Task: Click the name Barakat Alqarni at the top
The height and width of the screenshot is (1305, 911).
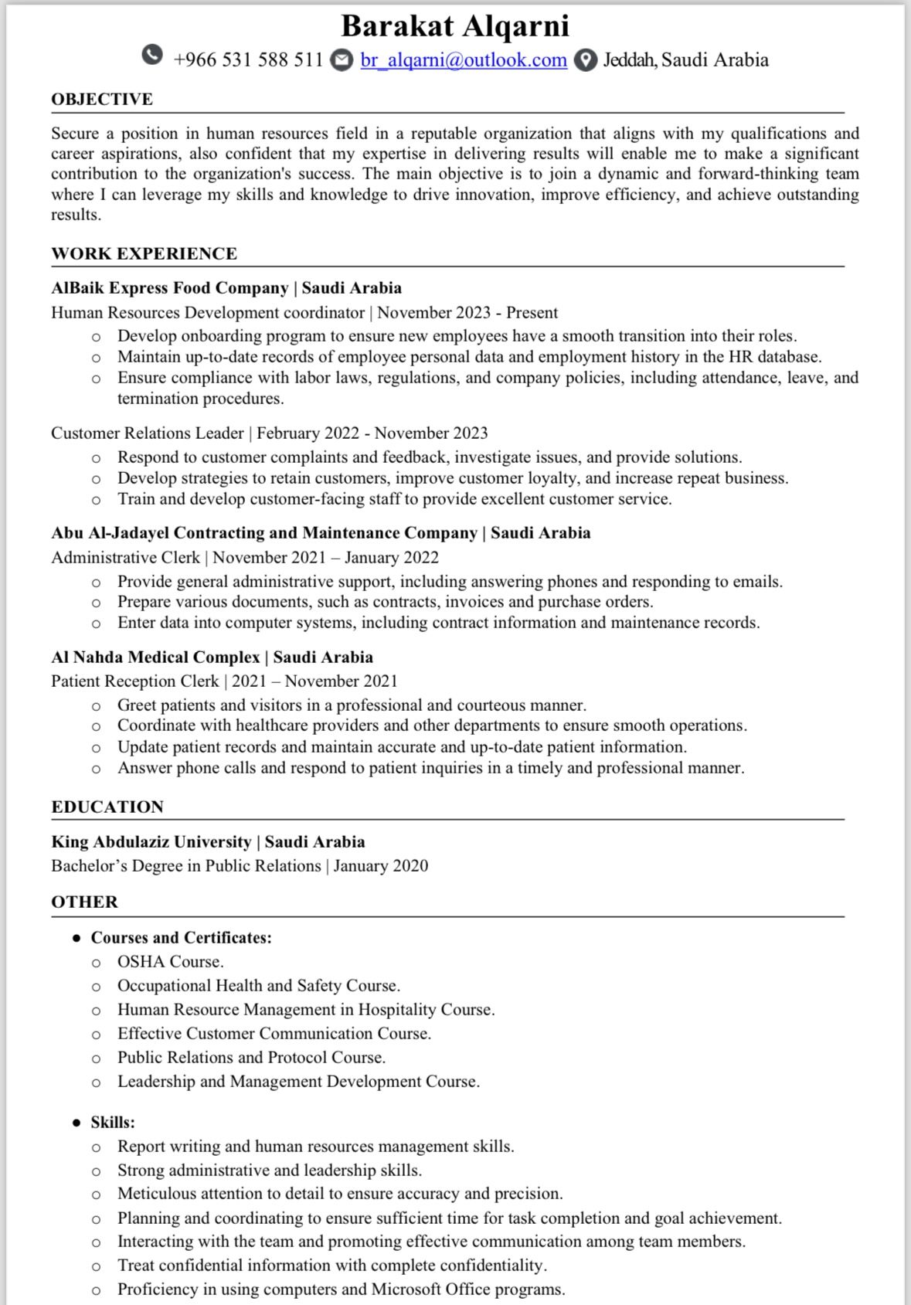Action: [455, 26]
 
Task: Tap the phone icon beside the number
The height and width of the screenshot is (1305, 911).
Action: [153, 56]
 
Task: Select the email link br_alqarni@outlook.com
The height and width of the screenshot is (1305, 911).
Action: [464, 60]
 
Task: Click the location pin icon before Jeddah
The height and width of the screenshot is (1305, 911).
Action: [586, 60]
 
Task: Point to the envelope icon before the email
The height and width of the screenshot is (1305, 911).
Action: [342, 60]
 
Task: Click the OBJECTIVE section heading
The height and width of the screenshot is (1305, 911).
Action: [102, 100]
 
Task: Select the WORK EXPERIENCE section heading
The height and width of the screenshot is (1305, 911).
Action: [144, 254]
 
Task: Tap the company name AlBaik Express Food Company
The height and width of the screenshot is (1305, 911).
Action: [170, 288]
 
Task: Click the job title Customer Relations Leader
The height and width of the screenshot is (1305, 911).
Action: [148, 433]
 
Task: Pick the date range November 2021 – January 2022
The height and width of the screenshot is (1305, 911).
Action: [326, 558]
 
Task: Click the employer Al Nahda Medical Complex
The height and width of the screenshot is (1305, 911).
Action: [155, 658]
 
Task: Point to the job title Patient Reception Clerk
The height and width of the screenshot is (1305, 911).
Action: [135, 681]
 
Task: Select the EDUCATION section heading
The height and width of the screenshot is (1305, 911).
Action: [107, 807]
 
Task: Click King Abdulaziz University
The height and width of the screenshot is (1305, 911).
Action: [151, 842]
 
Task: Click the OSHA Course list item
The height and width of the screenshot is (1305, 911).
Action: [170, 962]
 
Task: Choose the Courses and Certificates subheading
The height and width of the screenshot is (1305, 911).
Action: [182, 938]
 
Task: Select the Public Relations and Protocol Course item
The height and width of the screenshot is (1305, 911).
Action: [251, 1058]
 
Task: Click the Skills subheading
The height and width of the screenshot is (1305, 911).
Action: [113, 1123]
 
